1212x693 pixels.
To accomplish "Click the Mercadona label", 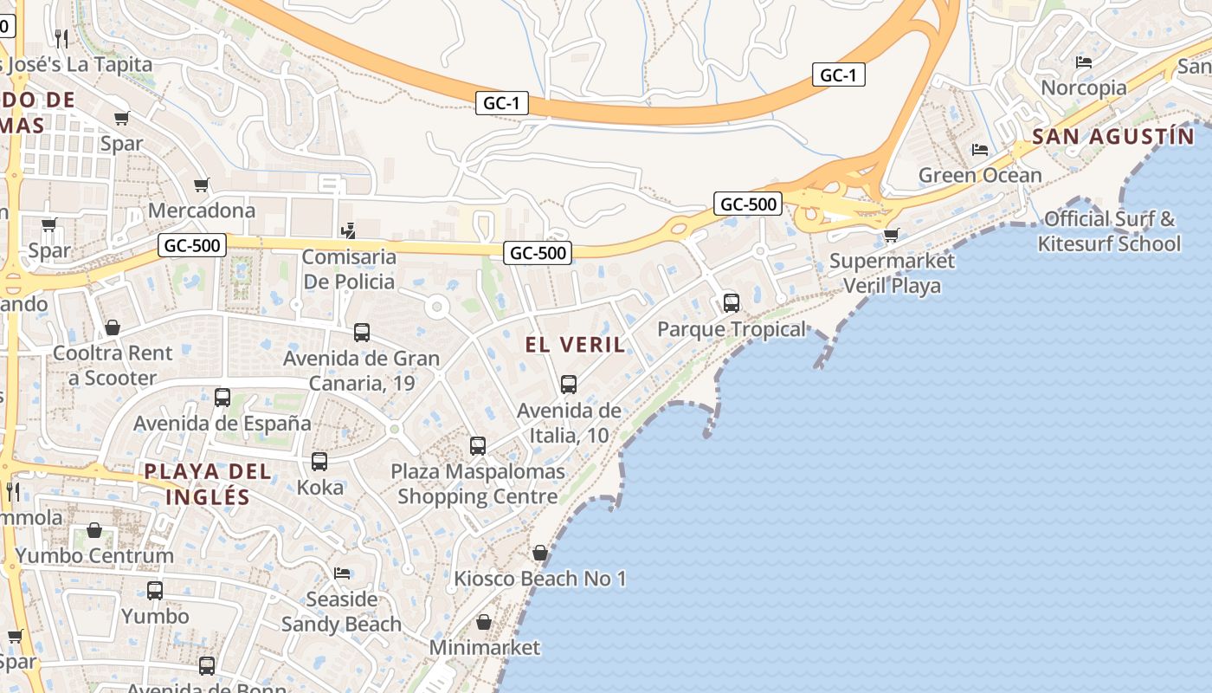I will point(202,210).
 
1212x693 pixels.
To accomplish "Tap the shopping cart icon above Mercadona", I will point(202,185).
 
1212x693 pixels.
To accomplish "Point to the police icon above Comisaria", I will point(348,230).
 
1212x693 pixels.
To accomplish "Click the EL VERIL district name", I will point(575,345).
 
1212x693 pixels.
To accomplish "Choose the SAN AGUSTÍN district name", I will point(1112,137).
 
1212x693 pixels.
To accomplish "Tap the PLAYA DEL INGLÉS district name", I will point(208,484).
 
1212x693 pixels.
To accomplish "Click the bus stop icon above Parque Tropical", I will point(732,303).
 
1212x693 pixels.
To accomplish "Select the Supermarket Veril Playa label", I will point(892,273).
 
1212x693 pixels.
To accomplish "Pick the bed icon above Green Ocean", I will point(980,150).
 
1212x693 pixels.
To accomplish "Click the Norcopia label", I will point(1083,87).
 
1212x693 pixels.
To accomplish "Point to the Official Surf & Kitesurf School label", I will point(1109,231).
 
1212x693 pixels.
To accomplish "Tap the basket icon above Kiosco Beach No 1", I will point(540,553).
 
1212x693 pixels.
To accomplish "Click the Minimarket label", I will point(484,647).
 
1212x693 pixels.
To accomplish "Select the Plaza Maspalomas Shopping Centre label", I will point(478,484).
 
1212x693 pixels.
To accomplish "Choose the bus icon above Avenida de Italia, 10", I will point(569,384).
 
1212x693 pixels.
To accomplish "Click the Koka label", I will point(319,487).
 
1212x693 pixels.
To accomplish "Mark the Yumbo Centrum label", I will point(94,555).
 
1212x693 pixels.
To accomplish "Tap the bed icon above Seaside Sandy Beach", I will point(342,573).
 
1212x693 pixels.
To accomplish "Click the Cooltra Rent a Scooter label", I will point(113,366).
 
